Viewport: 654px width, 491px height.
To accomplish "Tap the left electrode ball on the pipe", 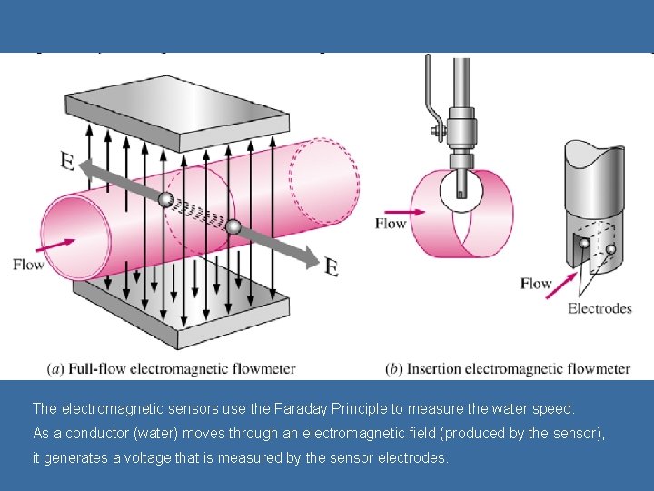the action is click(165, 200).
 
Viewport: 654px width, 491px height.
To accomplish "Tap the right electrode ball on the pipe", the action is click(233, 226).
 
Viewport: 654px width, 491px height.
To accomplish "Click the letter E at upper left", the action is click(68, 161).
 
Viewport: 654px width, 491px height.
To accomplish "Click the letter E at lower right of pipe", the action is click(332, 266).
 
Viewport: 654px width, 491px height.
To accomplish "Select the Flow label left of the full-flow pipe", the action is click(28, 265).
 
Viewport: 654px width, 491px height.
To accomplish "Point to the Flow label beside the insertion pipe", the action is click(391, 223).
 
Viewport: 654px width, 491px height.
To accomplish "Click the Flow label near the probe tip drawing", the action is click(536, 284).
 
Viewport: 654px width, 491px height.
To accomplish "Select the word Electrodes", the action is click(599, 308).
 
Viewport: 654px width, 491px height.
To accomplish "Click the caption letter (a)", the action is click(55, 369).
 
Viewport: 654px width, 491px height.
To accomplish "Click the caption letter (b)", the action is click(394, 369).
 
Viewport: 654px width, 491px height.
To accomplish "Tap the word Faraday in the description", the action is click(307, 409).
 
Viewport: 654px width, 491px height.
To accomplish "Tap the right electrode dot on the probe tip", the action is click(610, 249).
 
